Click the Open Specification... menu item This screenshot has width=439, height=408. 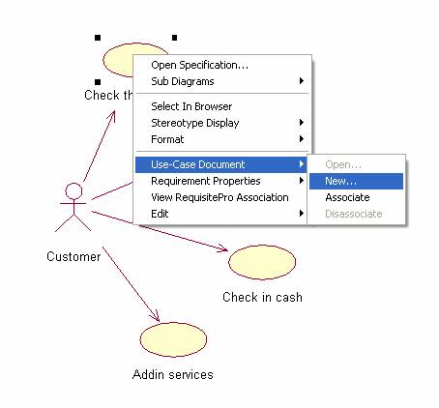199,65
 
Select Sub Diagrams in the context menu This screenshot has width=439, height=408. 183,81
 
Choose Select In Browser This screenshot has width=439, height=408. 191,106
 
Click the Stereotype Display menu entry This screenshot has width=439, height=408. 195,123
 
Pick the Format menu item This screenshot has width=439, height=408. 167,139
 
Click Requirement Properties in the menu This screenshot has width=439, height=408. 206,181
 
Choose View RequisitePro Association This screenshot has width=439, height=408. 219,197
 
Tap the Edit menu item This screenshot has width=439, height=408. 160,214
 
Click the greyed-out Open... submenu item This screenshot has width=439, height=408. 343,164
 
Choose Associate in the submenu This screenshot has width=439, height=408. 347,197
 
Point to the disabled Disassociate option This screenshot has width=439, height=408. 354,214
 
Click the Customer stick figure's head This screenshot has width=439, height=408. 73,191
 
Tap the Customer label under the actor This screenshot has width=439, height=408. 73,256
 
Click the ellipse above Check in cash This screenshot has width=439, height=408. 262,262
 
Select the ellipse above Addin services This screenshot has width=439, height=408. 173,339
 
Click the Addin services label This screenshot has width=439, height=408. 173,374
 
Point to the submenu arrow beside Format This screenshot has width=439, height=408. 302,139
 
